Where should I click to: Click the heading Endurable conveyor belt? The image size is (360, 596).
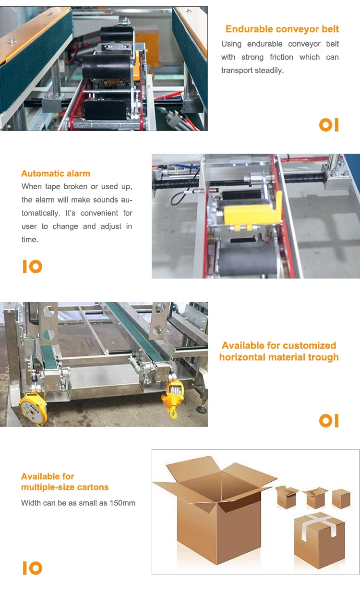(x=282, y=29)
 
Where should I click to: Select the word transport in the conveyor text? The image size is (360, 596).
(x=238, y=70)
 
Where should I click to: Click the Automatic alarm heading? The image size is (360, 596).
(x=56, y=174)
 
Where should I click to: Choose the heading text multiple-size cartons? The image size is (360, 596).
(x=65, y=487)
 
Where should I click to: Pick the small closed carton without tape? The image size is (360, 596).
(x=341, y=499)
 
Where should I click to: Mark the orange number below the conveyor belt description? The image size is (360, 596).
(x=329, y=125)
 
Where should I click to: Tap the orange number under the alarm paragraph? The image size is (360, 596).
(x=32, y=267)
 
